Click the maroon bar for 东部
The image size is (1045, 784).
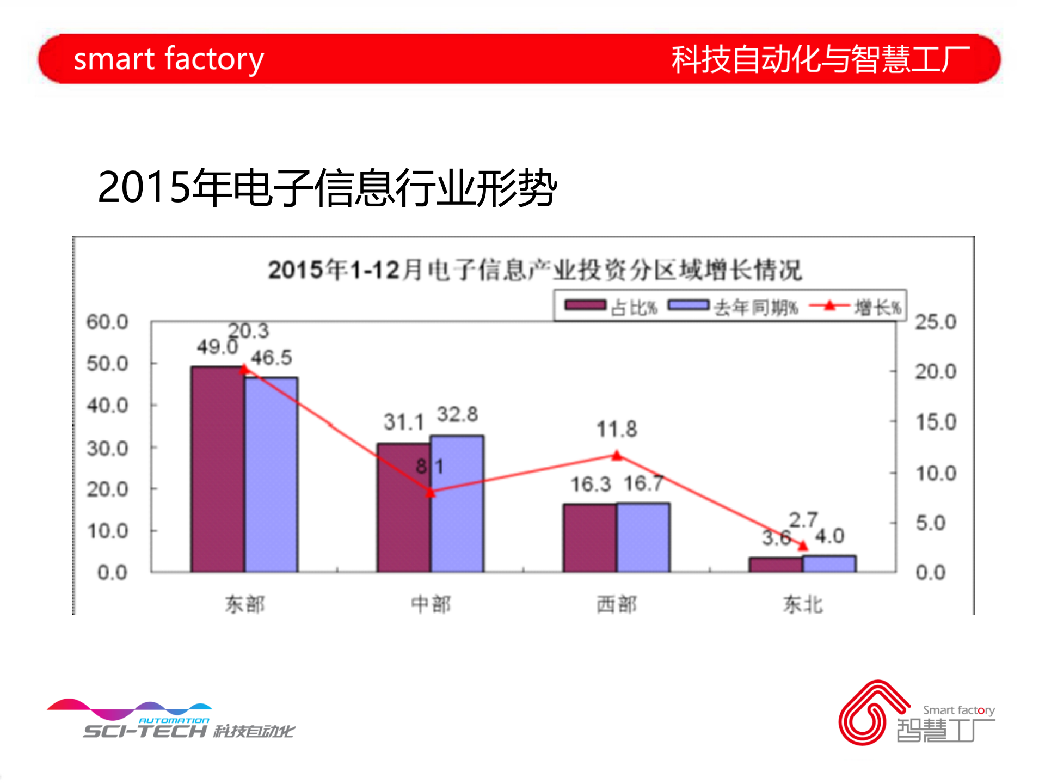click(217, 469)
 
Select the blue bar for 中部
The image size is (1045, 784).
click(457, 504)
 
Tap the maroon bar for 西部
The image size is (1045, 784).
click(589, 538)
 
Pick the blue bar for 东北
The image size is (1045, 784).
click(829, 564)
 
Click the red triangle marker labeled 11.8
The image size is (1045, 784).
click(617, 456)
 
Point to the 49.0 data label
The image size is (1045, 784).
click(217, 347)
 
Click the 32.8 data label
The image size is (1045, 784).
click(457, 415)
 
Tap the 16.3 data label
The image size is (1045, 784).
click(590, 485)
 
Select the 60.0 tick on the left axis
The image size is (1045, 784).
click(107, 322)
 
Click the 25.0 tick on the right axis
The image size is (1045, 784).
click(935, 322)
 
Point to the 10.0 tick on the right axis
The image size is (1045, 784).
click(935, 474)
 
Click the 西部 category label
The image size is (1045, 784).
click(616, 604)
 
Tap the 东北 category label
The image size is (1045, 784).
click(803, 604)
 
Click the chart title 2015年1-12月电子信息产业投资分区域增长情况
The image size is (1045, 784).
click(534, 270)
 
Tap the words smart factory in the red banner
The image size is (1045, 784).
click(169, 59)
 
